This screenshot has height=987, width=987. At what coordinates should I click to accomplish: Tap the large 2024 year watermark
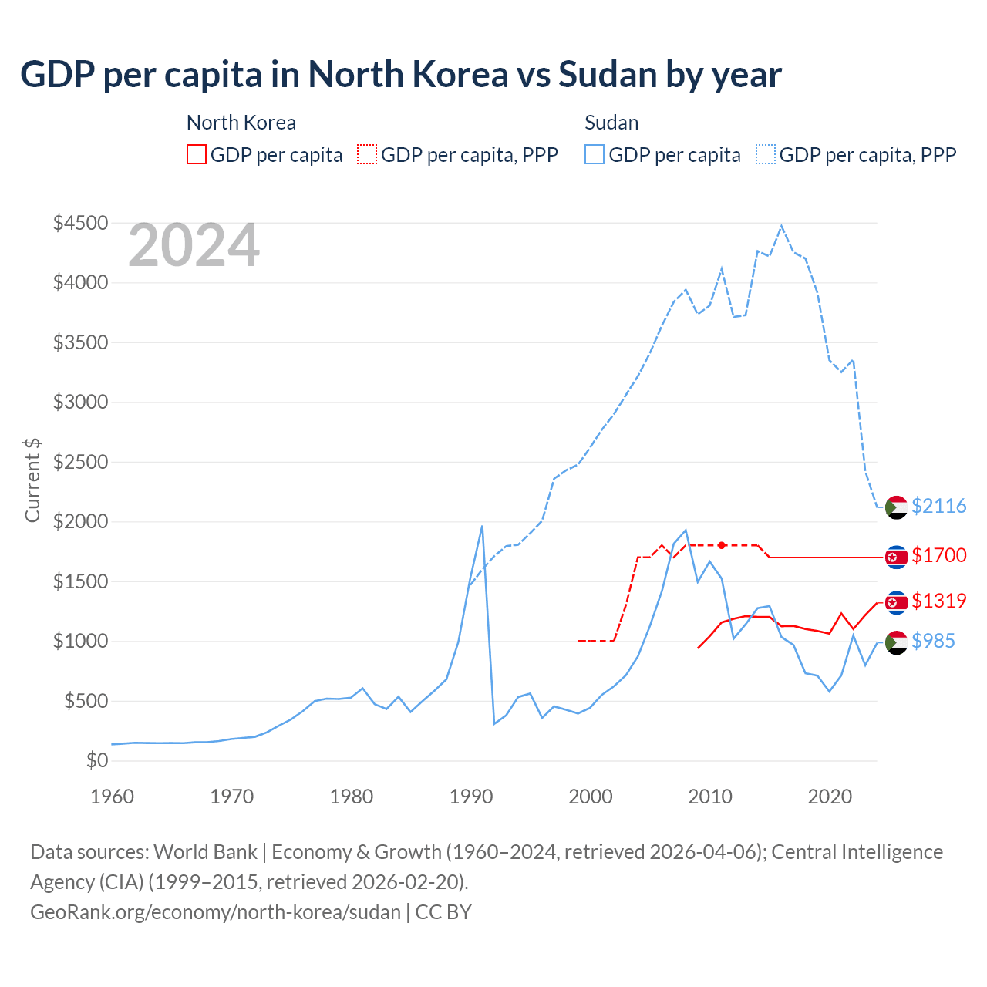pos(194,246)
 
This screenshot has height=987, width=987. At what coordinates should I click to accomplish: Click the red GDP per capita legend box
pos(197,155)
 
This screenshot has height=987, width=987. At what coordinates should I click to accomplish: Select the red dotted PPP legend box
pos(367,155)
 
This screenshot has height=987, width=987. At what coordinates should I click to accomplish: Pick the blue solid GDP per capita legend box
pos(595,155)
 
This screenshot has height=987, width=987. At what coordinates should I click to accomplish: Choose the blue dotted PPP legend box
pos(766,155)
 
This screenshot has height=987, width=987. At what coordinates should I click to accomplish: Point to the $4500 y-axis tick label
pos(80,224)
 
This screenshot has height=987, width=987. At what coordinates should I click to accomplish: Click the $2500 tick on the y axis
pos(80,463)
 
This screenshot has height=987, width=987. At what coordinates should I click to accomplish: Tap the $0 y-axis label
pos(96,761)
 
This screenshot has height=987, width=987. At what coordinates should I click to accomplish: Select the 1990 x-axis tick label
pos(471,797)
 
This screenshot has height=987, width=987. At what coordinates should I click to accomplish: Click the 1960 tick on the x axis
pos(113,797)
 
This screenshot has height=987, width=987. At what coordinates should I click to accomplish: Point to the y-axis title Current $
pos(32,480)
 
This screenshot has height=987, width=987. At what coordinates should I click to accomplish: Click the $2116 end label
pos(938,506)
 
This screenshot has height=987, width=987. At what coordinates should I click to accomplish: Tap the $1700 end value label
pos(938,555)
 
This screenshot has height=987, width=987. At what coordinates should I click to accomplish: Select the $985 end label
pos(933,641)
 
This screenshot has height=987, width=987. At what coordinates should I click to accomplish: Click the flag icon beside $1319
pos(896,602)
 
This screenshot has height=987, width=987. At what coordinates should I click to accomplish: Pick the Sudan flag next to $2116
pos(896,507)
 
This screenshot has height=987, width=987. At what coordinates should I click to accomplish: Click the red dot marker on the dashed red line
pos(722,545)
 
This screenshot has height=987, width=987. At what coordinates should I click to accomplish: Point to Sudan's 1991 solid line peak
pos(482,527)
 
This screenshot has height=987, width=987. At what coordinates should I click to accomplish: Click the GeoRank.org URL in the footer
pos(215,912)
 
